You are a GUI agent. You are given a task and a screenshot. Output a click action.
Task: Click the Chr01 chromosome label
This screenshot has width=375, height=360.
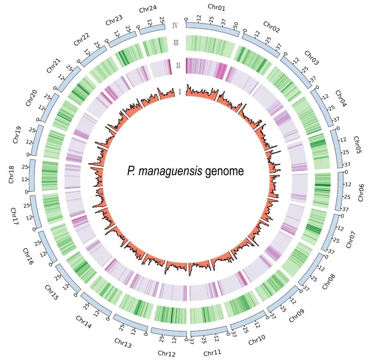[x=216, y=7]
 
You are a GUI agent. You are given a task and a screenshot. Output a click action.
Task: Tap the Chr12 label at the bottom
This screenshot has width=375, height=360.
[x=167, y=354]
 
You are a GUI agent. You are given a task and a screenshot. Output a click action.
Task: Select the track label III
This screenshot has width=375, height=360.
[x=176, y=43]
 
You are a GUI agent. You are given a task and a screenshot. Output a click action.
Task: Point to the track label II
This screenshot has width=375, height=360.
[x=178, y=65]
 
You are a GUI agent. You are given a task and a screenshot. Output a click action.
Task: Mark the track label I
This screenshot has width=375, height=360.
[x=180, y=92]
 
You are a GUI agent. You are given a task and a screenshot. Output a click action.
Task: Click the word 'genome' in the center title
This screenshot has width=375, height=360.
[x=224, y=172]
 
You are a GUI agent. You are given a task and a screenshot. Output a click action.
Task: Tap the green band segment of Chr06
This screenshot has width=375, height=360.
[x=323, y=189]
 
